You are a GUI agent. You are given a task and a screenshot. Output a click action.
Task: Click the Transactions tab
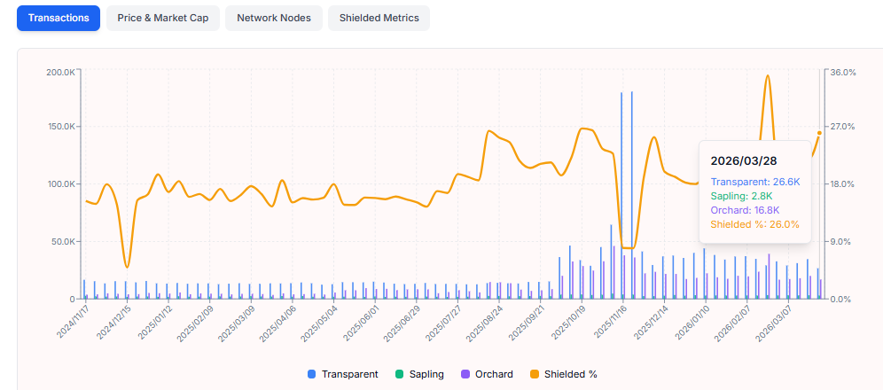[59, 18]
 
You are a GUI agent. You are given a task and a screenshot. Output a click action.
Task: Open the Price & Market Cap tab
[162, 18]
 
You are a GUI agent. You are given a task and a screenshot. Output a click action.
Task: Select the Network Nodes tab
[273, 18]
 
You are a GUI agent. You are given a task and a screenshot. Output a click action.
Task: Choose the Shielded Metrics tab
[379, 18]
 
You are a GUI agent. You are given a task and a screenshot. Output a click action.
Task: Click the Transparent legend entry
[343, 374]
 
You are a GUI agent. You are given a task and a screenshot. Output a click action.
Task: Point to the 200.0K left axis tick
[60, 72]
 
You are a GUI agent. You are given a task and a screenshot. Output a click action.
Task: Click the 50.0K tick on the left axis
[62, 241]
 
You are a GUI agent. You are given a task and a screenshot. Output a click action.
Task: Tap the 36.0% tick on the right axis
[842, 72]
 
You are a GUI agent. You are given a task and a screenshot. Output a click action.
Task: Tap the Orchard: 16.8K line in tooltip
[745, 210]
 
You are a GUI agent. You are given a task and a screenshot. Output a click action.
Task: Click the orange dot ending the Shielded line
[819, 133]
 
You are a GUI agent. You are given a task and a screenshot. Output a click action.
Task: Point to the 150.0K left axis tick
[60, 127]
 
